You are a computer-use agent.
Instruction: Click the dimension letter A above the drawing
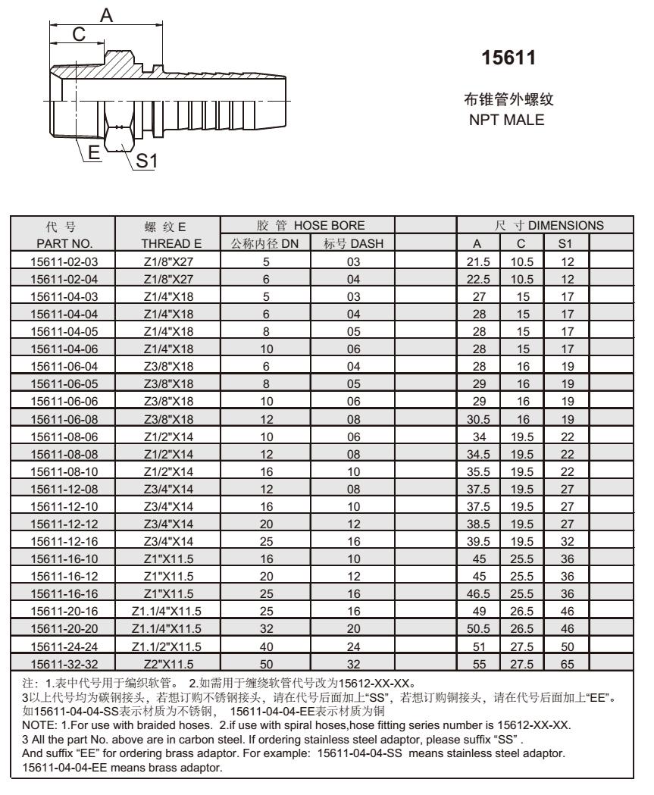pos(107,14)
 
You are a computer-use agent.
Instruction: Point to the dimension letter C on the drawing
pos(78,35)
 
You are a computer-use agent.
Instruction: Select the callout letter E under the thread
pos(95,152)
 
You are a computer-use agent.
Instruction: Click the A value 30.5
pos(478,416)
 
